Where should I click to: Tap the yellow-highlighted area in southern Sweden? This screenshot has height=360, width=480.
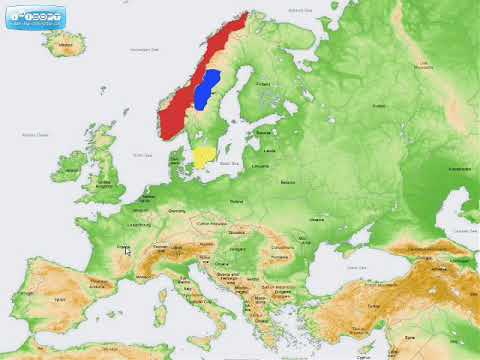[x=203, y=158]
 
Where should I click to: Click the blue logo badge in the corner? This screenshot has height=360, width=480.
[x=35, y=18]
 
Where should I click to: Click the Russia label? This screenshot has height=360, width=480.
[x=378, y=104]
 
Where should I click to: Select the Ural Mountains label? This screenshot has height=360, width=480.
[x=423, y=65]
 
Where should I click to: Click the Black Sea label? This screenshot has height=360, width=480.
[x=355, y=268]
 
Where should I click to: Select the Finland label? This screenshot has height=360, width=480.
[x=265, y=84]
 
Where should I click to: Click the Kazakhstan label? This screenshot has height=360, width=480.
[x=460, y=170]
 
